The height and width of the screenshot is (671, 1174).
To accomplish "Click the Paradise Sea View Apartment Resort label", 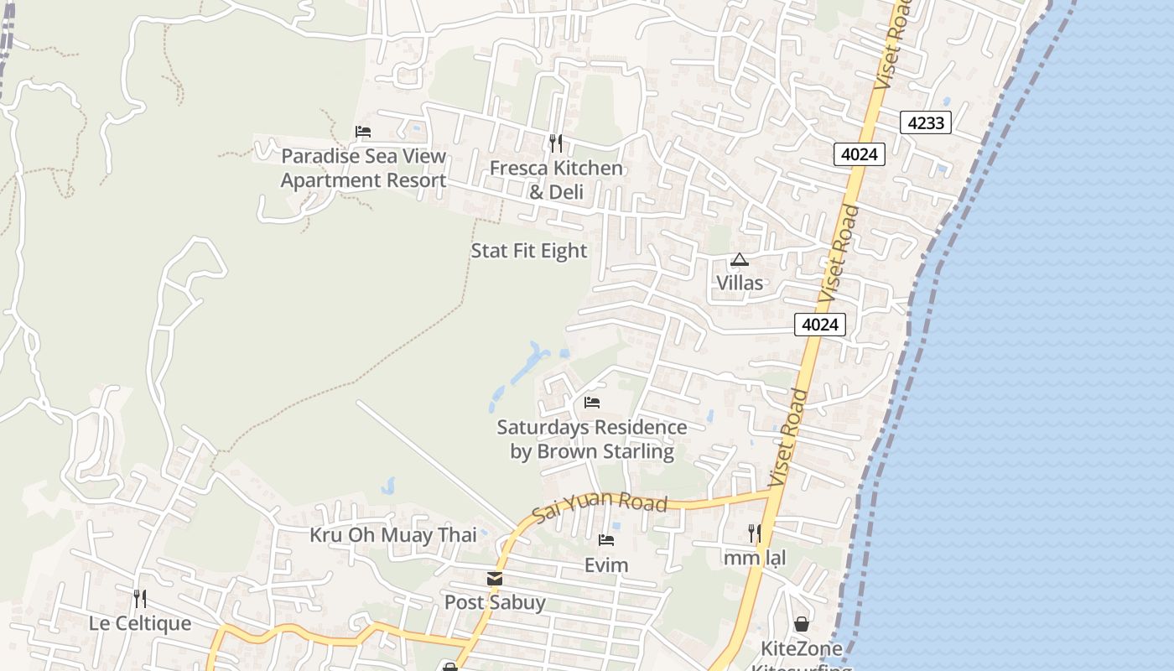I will click(x=363, y=168).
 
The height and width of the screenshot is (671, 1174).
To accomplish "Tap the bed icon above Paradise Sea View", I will click(x=363, y=132).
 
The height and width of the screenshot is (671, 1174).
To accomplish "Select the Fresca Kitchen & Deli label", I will click(x=556, y=179).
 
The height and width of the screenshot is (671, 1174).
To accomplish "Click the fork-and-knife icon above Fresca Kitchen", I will click(x=555, y=143).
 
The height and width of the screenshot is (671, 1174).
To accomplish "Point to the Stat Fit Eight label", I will click(x=529, y=251).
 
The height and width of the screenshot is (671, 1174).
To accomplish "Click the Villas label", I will click(x=740, y=283).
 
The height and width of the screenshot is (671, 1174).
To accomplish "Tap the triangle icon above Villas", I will click(x=739, y=260).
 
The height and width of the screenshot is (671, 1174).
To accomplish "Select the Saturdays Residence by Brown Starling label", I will click(x=592, y=439).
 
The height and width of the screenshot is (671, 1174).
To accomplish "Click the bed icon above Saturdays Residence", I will click(x=592, y=403).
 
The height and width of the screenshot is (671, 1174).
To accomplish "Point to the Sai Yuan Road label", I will click(x=600, y=506).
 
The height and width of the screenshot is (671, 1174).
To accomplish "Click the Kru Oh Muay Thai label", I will click(x=393, y=535).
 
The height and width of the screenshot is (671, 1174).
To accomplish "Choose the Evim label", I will click(x=606, y=564).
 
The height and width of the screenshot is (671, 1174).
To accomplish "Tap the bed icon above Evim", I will click(x=606, y=539).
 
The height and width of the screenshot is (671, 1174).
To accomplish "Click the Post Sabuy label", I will click(x=495, y=602).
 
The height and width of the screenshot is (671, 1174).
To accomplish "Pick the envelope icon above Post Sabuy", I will click(x=495, y=579).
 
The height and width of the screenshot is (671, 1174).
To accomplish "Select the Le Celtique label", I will click(x=140, y=623).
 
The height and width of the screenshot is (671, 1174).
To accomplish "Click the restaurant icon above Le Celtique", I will click(x=140, y=599).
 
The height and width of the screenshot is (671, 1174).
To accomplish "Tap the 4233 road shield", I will click(x=927, y=122).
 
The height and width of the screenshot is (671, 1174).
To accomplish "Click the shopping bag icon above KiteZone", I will click(x=802, y=624).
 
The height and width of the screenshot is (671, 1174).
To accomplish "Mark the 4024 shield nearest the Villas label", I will click(x=820, y=324).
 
